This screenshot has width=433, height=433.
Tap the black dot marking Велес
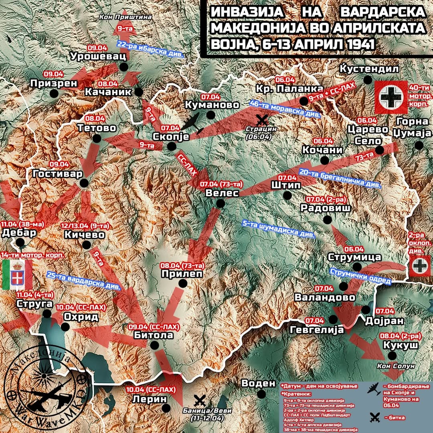220,204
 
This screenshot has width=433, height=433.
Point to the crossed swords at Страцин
263,119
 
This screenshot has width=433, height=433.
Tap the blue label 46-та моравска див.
285,108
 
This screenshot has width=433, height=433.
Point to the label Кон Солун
392,366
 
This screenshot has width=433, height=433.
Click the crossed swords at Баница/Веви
199,400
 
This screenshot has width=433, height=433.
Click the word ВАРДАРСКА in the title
382,12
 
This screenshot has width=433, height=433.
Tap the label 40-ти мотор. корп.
420,96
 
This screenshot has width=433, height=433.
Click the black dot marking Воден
262,394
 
